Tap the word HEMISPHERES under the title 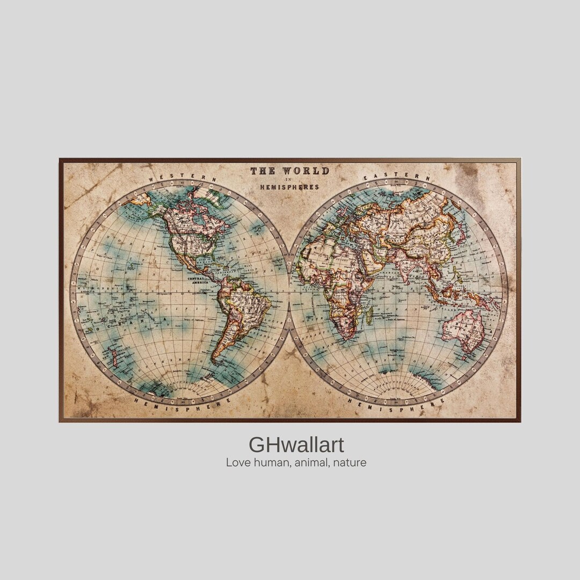coord(289,187)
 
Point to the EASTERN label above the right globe coord(396,177)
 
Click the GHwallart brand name coord(296,445)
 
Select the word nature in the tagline coord(349,462)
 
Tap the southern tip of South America coord(214,360)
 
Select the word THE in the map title coord(263,171)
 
